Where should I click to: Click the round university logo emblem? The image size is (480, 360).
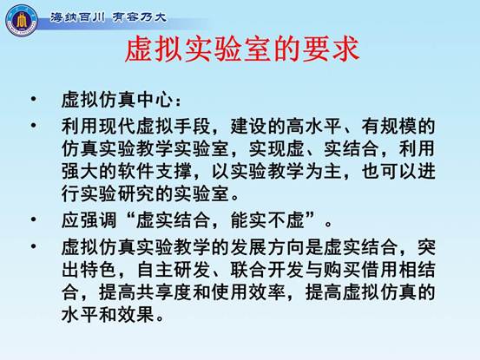click(22, 21)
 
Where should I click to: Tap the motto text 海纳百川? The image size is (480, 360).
click(78, 16)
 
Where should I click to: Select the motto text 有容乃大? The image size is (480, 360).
click(140, 16)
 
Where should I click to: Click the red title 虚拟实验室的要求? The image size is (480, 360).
click(242, 50)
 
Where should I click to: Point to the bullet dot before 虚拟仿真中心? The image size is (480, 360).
click(33, 99)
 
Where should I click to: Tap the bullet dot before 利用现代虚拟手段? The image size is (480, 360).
click(33, 125)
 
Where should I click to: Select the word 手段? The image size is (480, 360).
click(192, 126)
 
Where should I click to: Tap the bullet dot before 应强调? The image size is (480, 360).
click(33, 219)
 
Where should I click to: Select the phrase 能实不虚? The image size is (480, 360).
click(267, 220)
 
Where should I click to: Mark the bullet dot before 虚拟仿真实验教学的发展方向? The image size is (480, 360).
click(33, 246)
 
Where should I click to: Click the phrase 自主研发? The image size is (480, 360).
click(174, 270)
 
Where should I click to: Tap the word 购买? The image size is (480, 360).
click(342, 270)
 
